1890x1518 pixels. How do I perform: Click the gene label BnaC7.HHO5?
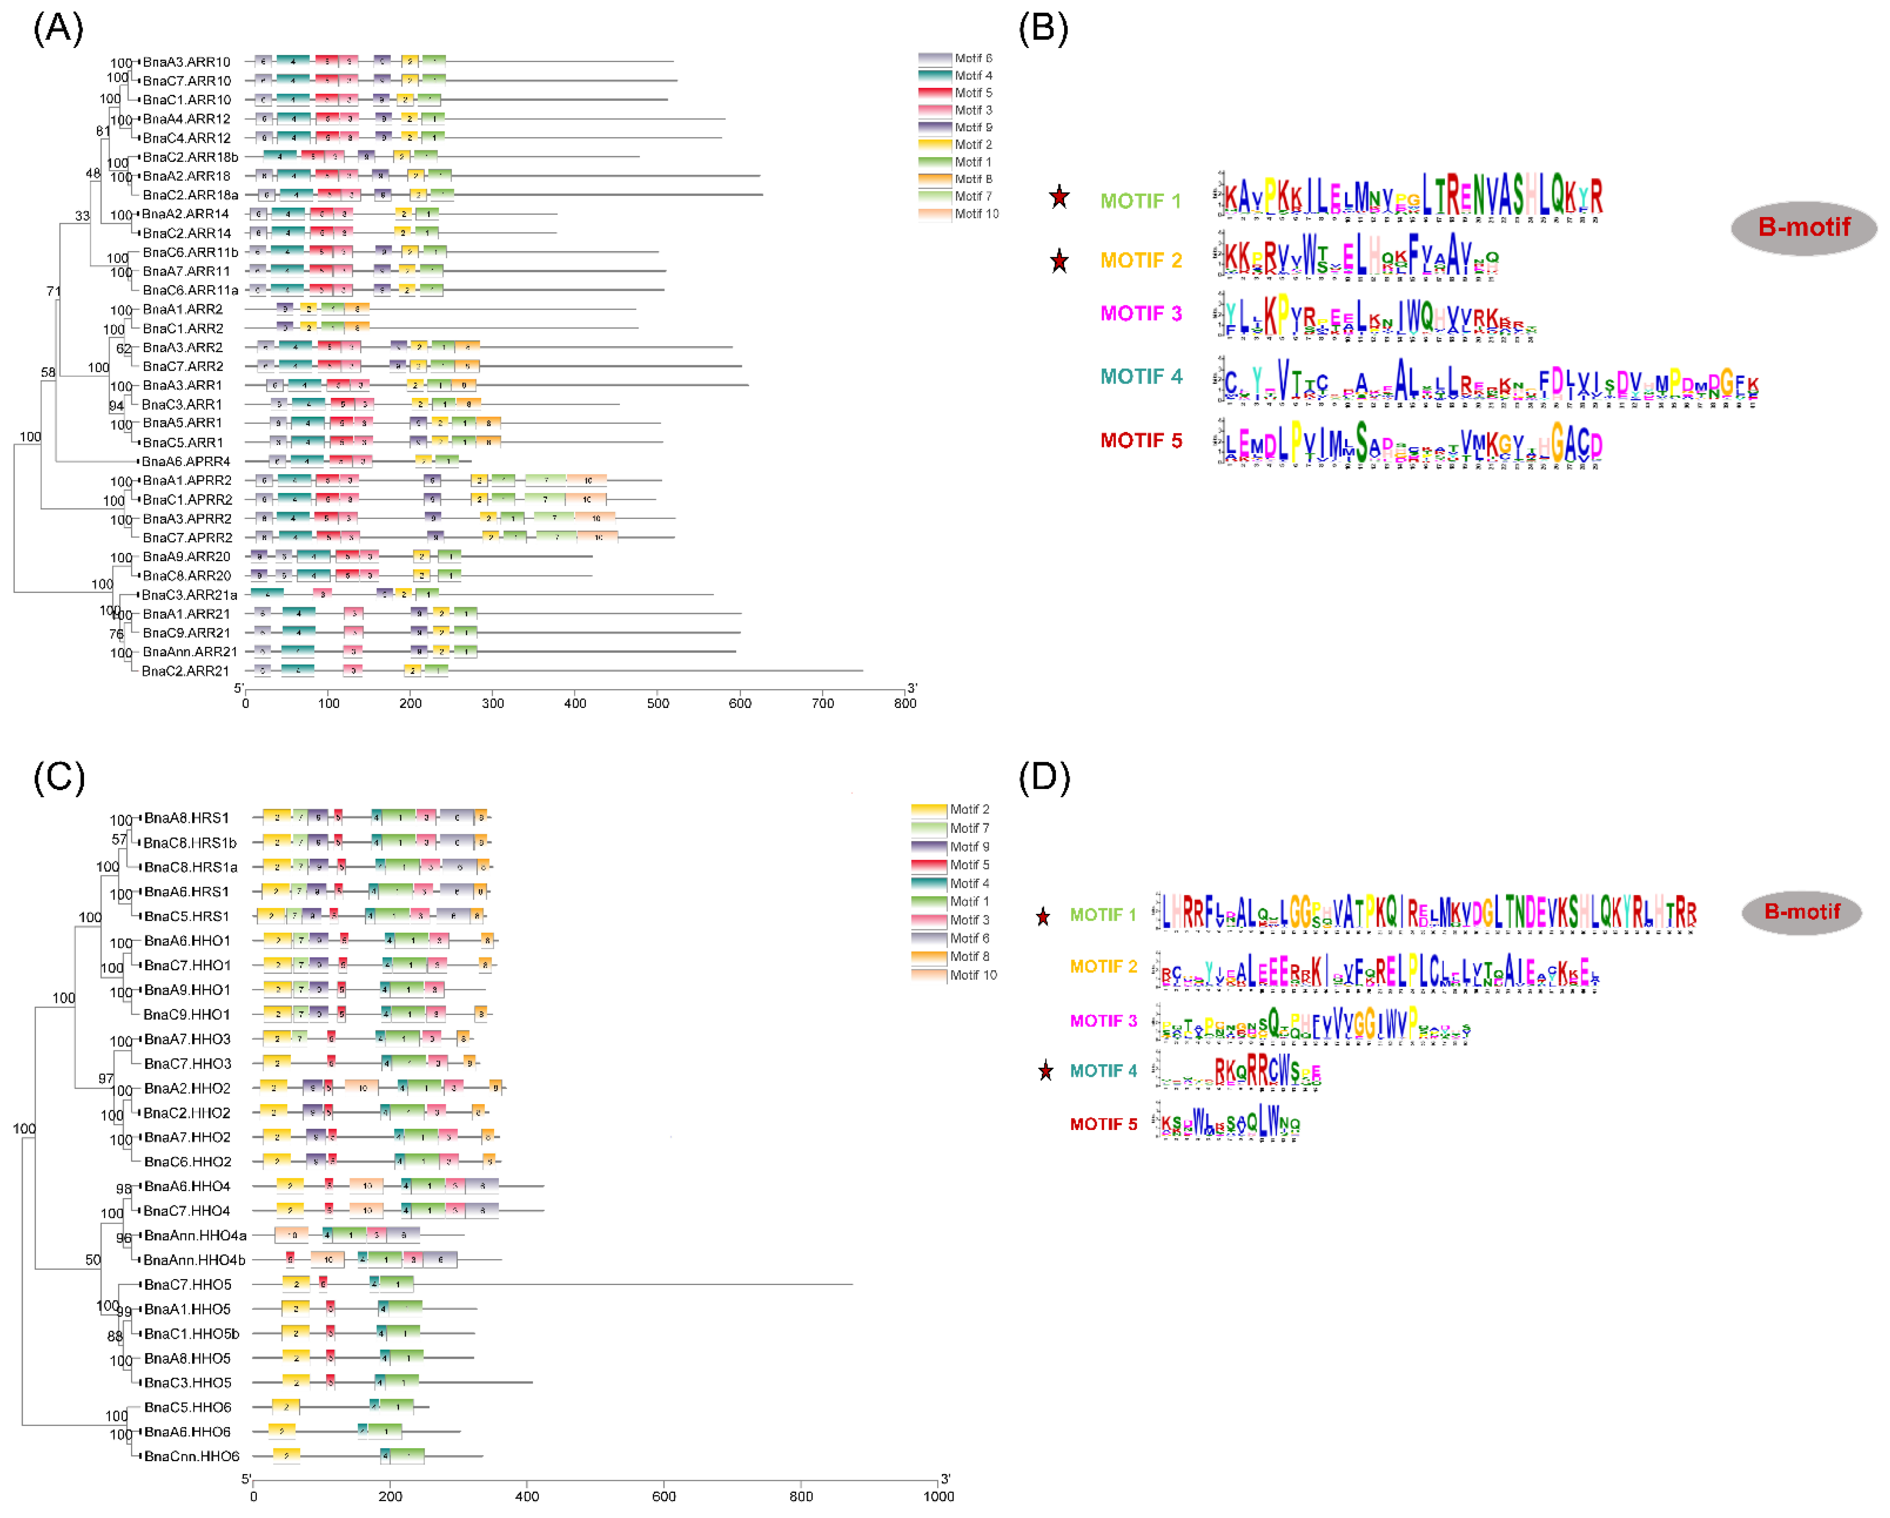point(187,1284)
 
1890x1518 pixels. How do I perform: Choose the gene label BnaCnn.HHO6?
point(191,1456)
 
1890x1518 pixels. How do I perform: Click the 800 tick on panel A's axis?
point(905,703)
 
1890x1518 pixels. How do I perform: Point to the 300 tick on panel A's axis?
point(493,703)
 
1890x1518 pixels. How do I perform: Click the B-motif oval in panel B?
point(1803,227)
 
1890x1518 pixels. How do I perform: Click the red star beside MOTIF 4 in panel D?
point(1045,1070)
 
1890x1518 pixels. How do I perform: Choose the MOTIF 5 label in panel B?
point(1140,440)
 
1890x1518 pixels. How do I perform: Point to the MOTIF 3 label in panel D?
point(1103,1020)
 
